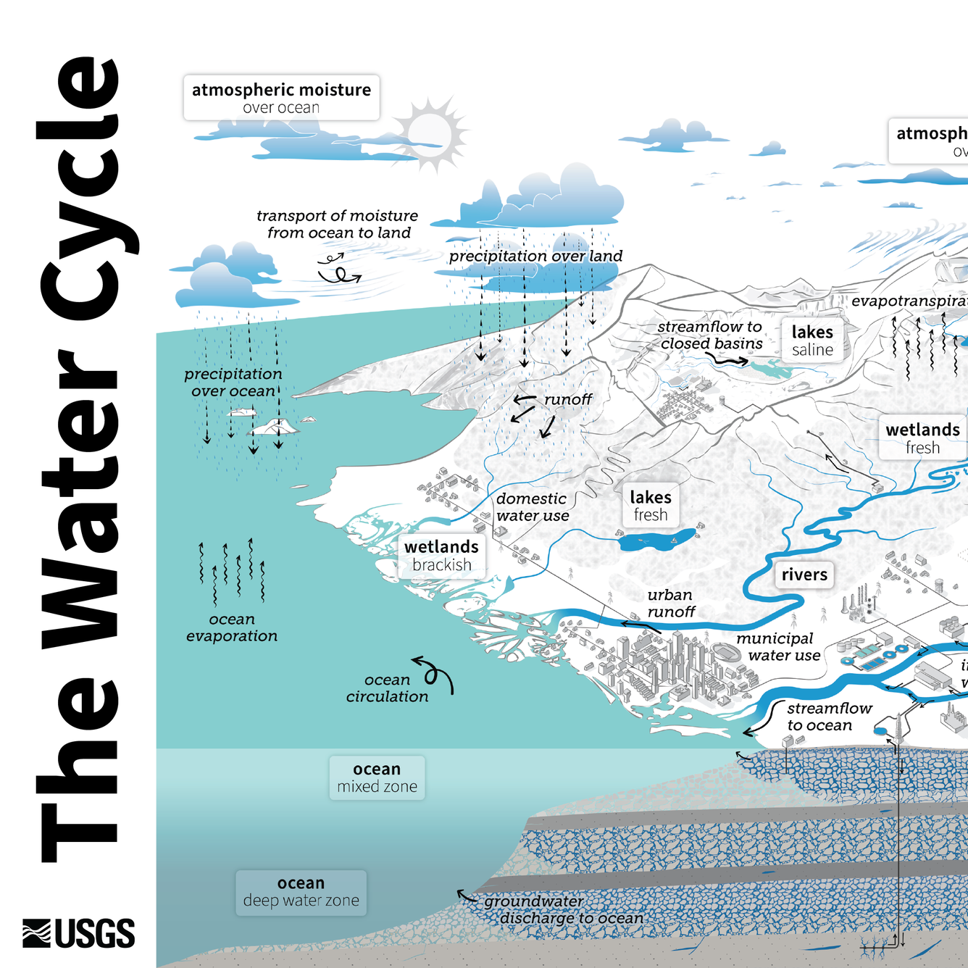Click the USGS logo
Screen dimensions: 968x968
pos(78,933)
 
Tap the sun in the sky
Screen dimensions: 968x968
pos(430,133)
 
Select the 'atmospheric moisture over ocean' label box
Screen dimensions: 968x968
pos(281,98)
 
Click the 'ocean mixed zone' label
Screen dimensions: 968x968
pos(377,777)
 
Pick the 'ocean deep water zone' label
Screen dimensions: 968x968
pos(301,892)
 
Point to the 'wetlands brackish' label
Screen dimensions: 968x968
pos(441,555)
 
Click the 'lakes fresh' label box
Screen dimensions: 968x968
pos(651,505)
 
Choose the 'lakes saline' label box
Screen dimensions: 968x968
pos(812,340)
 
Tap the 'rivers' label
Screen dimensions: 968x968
pos(804,575)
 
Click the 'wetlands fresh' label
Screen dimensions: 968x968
pos(922,438)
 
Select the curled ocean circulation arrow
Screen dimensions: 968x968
pos(435,673)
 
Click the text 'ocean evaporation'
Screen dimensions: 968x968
pos(232,627)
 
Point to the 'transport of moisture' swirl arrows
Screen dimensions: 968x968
pos(339,269)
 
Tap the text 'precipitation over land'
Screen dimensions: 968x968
pos(535,256)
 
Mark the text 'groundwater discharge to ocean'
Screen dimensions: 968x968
pos(564,909)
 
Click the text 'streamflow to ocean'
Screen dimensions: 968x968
pos(829,717)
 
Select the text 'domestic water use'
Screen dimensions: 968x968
pos(532,507)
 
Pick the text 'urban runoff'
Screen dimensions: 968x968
pos(671,604)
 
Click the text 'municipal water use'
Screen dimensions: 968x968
pos(778,647)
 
